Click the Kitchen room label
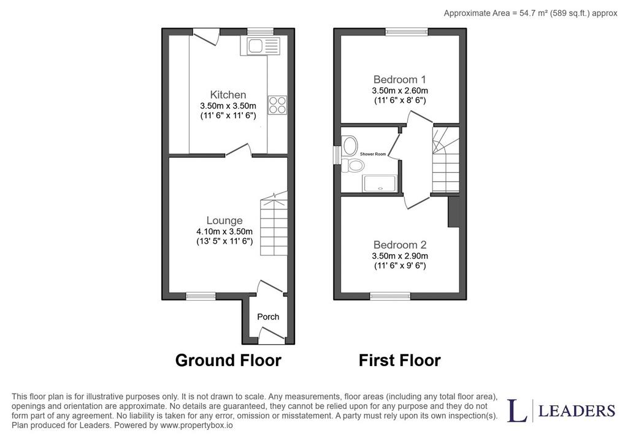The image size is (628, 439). [228, 95]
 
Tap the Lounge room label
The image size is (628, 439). [224, 220]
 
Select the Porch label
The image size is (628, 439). [268, 317]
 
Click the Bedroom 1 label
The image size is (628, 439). [400, 79]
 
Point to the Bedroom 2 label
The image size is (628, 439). [400, 245]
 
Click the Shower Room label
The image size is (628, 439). [373, 154]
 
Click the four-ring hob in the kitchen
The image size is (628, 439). [278, 105]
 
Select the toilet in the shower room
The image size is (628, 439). [352, 165]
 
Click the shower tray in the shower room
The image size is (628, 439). [379, 184]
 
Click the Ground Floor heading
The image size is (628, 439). [228, 360]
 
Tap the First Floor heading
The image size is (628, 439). [400, 360]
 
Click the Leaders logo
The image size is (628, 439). [561, 410]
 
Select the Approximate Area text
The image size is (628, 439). [530, 13]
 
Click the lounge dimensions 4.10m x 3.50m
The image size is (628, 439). [224, 231]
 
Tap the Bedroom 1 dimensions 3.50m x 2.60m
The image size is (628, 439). [400, 91]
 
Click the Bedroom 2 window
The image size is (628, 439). [390, 296]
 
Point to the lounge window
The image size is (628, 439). [201, 296]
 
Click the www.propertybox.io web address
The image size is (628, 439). [196, 426]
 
